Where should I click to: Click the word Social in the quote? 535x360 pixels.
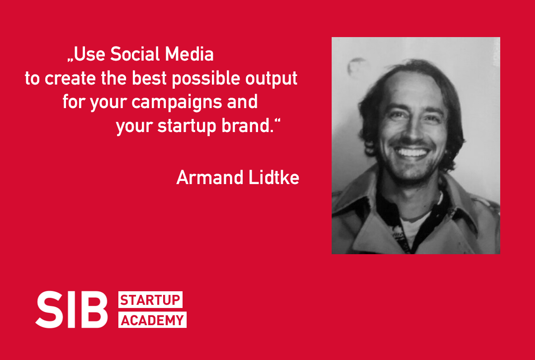136,54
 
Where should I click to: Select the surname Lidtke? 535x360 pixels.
274,177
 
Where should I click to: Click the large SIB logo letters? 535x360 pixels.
72,310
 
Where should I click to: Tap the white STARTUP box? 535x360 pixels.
150,299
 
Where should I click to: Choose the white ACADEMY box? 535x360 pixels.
152,320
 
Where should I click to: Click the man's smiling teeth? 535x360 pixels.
412,152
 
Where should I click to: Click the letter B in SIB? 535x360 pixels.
94,310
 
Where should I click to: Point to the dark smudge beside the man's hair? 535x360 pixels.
356,66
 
